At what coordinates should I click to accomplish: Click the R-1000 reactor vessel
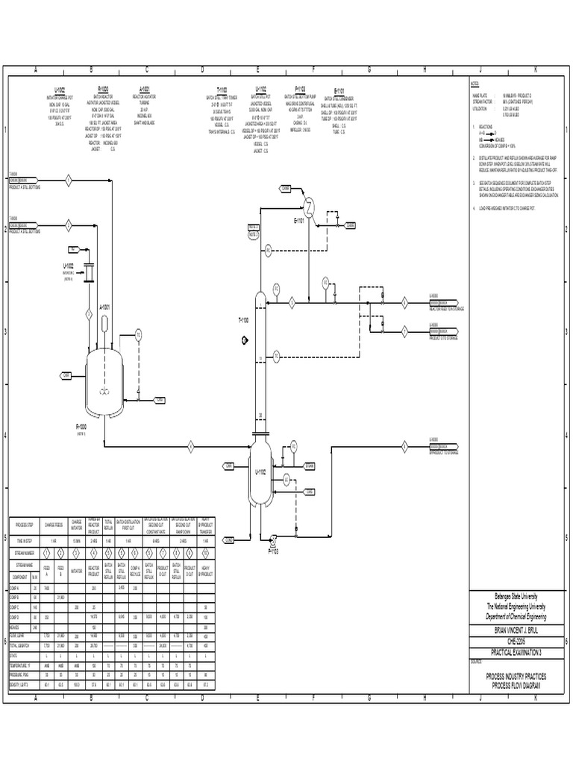pos(104,374)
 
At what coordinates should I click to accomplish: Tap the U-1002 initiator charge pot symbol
pos(87,272)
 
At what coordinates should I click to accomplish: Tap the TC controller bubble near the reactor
pos(138,335)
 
